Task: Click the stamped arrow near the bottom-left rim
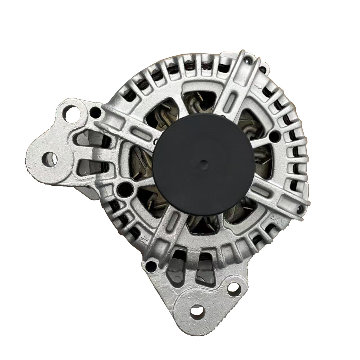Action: pyautogui.click(x=144, y=239)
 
